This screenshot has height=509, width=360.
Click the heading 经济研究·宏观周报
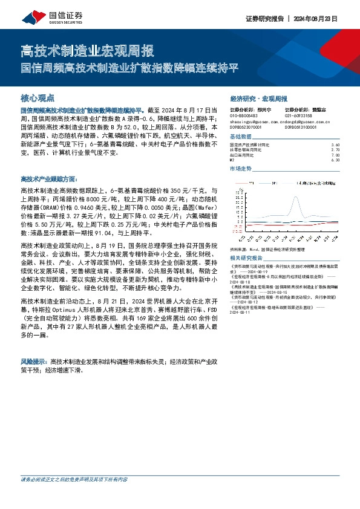259,99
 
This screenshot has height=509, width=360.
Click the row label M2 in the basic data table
232,160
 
